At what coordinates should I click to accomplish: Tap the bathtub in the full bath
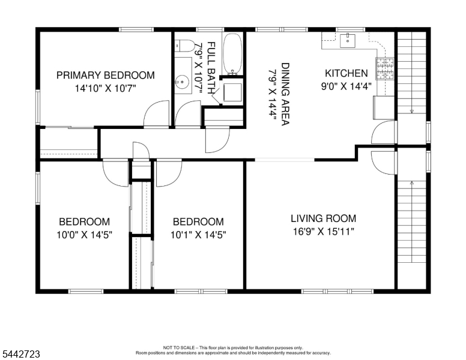(232, 54)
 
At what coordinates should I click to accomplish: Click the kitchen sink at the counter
(348, 41)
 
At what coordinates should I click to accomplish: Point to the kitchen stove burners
(385, 69)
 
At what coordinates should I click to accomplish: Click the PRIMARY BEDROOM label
(106, 75)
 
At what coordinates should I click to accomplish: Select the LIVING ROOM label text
(323, 218)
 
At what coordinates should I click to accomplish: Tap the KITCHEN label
(346, 73)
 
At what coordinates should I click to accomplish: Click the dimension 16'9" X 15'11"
(324, 232)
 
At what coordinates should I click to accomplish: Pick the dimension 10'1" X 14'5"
(198, 235)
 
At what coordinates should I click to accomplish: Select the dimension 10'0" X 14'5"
(85, 235)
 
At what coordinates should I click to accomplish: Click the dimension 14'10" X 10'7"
(105, 88)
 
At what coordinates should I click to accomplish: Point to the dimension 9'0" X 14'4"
(346, 86)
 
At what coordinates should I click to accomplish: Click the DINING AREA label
(285, 94)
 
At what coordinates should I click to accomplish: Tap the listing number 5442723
(21, 354)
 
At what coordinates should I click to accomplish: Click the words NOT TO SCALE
(178, 347)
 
